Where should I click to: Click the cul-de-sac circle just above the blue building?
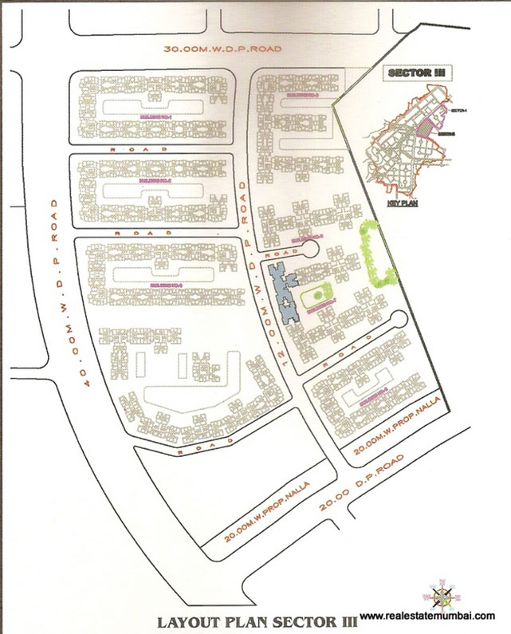tap(310, 252)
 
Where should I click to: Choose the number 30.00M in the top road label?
tap(181, 48)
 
